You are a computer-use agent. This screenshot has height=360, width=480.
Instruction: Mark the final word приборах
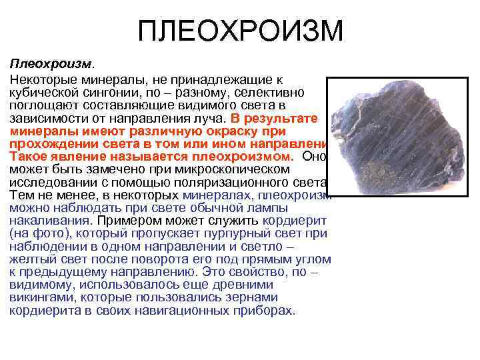(266, 310)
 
